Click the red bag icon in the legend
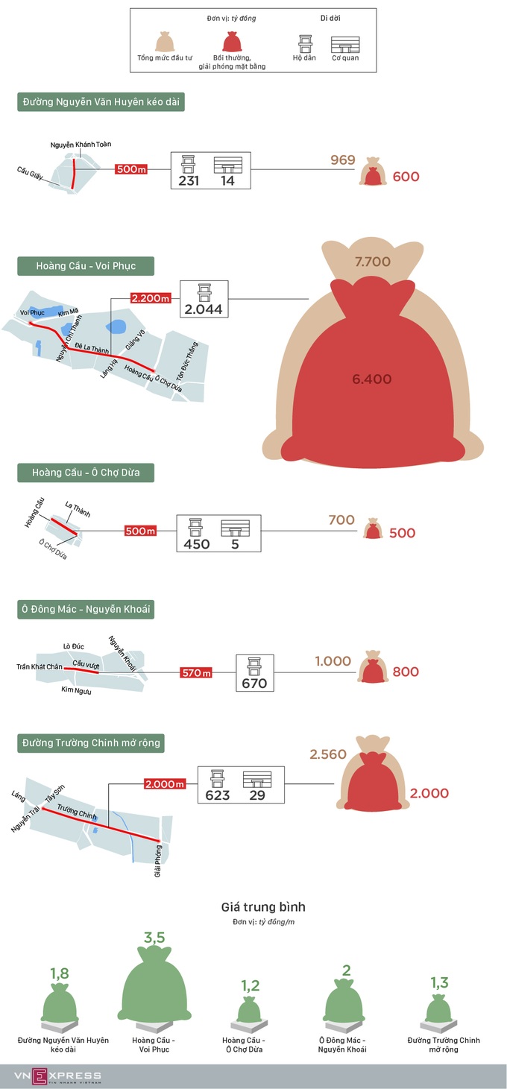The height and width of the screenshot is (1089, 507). click(233, 42)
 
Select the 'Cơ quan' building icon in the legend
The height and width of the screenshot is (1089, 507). click(345, 45)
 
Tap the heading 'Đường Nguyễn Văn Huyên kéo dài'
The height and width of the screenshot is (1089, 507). click(101, 102)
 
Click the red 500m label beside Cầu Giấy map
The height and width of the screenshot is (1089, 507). click(131, 169)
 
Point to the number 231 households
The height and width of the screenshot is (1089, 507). click(189, 181)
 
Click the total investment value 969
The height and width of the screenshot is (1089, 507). click(343, 160)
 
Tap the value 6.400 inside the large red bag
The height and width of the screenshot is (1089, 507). click(372, 379)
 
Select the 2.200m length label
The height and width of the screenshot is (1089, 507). click(151, 298)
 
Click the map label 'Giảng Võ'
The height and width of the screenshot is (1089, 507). click(135, 339)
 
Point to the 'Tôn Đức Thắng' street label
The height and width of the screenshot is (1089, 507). click(187, 361)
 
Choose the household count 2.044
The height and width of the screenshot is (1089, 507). click(204, 309)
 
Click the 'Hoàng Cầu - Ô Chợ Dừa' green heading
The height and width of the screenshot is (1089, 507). click(86, 473)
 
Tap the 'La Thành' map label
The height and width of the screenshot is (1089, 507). click(78, 510)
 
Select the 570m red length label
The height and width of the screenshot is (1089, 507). click(196, 673)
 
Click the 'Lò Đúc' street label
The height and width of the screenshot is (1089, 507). click(73, 646)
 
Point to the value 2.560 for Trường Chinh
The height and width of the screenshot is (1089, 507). click(328, 754)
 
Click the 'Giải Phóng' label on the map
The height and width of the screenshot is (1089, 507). click(157, 861)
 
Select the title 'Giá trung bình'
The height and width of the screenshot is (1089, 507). click(263, 907)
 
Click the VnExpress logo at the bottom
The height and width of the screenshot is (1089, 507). click(57, 1076)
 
